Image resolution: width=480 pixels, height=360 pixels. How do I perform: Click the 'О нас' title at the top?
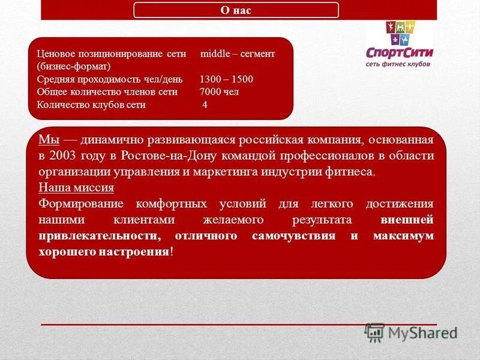click(x=236, y=10)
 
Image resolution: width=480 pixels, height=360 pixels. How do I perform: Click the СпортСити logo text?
click(x=399, y=52)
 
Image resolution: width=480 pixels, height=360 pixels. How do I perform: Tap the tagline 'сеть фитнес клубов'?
click(x=398, y=64)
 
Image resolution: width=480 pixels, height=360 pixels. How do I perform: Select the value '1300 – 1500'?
click(x=226, y=79)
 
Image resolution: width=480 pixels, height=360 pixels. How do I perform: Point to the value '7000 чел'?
click(x=219, y=92)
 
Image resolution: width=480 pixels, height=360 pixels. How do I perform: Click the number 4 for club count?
click(x=205, y=104)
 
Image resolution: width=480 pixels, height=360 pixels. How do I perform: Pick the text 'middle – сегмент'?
click(x=238, y=54)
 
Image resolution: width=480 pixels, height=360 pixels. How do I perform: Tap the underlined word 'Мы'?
click(x=49, y=140)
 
